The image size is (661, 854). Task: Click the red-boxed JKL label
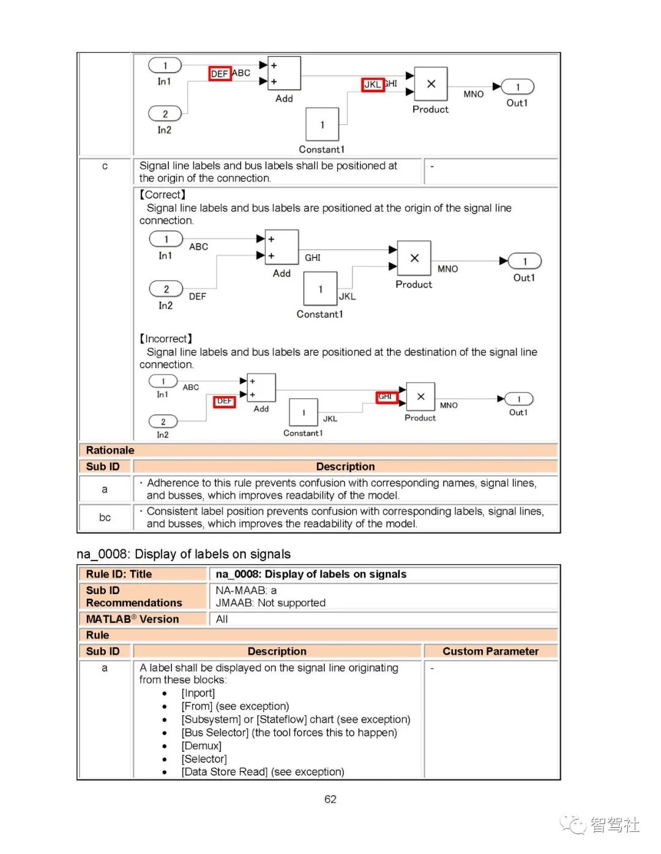[x=373, y=84]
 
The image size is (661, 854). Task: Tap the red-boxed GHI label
[x=386, y=397]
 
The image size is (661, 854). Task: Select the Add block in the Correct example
[x=282, y=247]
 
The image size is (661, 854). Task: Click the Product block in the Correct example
[x=414, y=258]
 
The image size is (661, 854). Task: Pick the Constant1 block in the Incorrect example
[x=304, y=412]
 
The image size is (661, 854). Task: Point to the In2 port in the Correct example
[x=166, y=289]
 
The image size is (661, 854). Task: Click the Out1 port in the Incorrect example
[x=519, y=399]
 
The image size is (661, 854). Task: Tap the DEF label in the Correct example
[x=198, y=296]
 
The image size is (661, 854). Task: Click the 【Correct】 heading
[x=163, y=195]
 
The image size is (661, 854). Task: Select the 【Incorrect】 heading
[x=166, y=339]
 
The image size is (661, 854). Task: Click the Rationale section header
[x=110, y=451]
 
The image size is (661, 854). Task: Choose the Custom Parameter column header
[x=490, y=652]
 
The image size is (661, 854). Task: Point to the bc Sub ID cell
[x=105, y=518]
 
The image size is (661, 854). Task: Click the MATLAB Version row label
[x=132, y=619]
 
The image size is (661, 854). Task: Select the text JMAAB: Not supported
[x=271, y=603]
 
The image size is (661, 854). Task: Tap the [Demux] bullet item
[x=201, y=746]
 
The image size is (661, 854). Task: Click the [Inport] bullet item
[x=198, y=693]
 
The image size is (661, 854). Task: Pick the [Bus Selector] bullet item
[x=289, y=732]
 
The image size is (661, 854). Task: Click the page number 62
[x=330, y=800]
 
